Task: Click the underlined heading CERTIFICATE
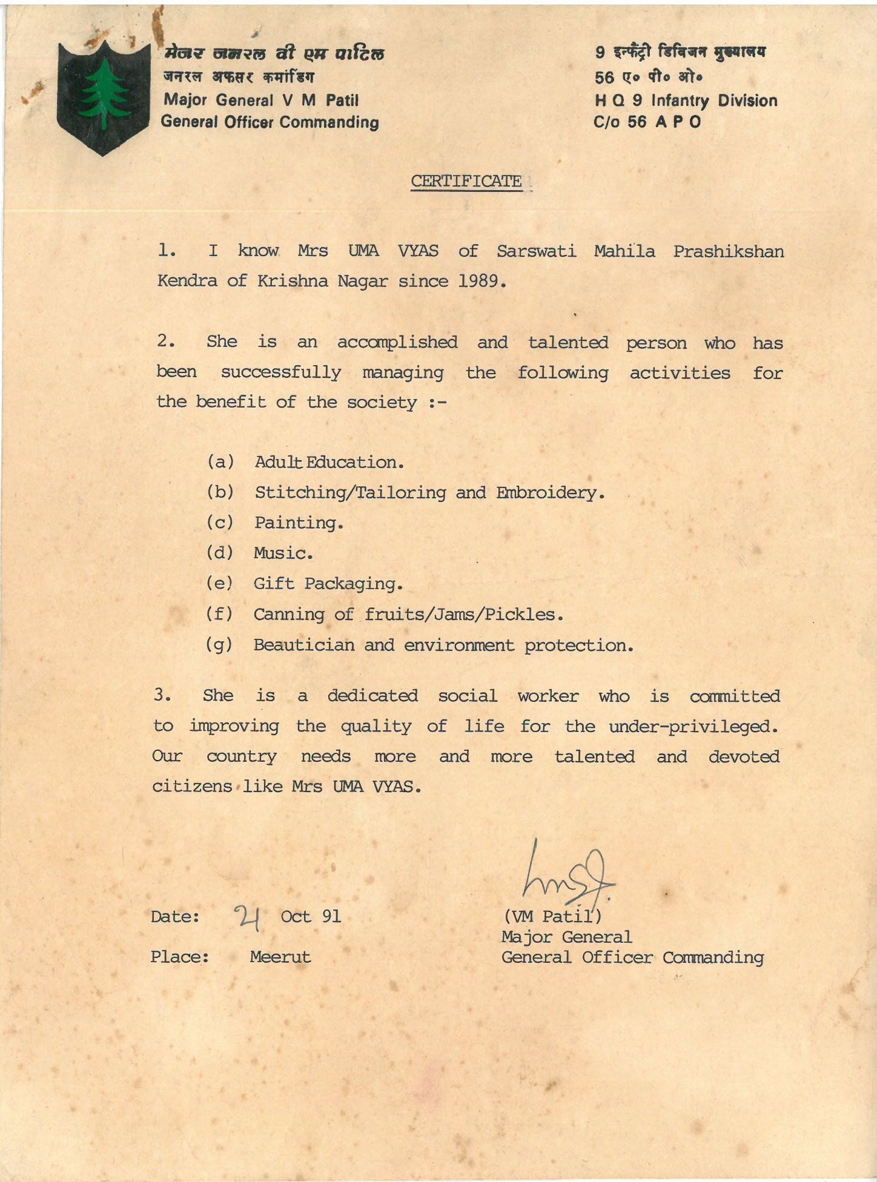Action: [466, 181]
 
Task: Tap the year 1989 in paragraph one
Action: [482, 281]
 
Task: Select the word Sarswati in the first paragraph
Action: [536, 251]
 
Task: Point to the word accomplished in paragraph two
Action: [397, 342]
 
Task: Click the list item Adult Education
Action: [329, 463]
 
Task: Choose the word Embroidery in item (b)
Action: [550, 493]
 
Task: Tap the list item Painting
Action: [299, 523]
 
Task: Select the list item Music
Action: [283, 553]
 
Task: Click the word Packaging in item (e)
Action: [353, 584]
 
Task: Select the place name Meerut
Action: [280, 957]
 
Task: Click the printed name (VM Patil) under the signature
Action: [552, 917]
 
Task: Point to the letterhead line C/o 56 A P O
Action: [647, 122]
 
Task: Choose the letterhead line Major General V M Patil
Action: [261, 100]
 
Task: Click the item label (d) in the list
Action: [219, 553]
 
